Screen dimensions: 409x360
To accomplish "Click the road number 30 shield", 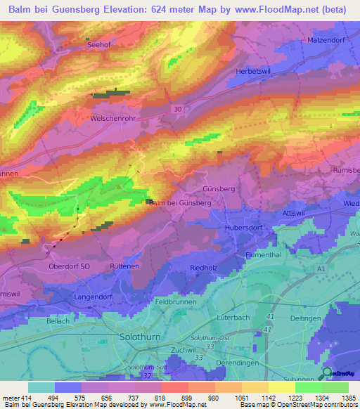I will tap(177, 109).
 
